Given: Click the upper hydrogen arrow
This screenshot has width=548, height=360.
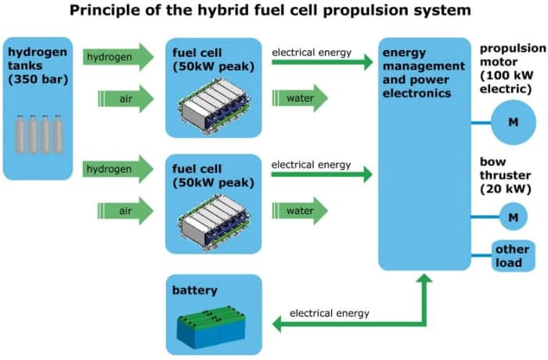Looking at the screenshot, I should click(x=118, y=57).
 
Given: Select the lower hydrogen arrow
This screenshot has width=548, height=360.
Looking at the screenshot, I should click(x=118, y=168).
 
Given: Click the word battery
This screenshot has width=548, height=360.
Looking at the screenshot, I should click(x=195, y=290).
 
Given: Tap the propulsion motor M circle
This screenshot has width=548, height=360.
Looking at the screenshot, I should click(x=513, y=122).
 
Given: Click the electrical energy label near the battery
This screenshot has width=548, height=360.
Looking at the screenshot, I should click(x=330, y=314).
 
